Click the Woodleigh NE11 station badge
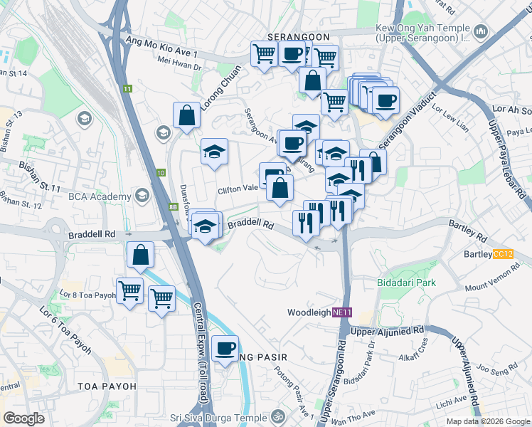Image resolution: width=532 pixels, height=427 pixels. point(342,312)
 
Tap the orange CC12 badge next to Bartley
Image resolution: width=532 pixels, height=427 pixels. point(503,254)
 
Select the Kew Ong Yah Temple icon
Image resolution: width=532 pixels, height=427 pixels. point(482,32)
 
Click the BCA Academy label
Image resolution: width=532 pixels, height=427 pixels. point(100,196)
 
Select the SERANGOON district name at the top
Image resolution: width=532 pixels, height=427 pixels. point(298,36)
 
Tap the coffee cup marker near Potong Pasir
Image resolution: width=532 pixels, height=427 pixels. point(225,348)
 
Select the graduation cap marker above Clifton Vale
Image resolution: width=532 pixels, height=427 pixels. point(214,151)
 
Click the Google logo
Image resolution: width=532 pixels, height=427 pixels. point(23,418)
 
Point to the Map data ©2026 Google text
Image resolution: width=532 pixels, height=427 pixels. point(487,421)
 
